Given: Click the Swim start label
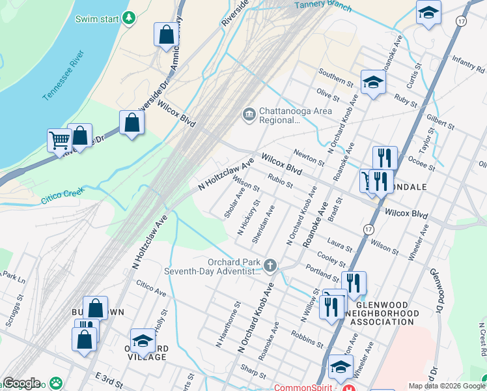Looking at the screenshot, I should (x=97, y=18).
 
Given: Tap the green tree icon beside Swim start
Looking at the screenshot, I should (x=130, y=18).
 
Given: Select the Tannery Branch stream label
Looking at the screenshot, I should (x=323, y=6).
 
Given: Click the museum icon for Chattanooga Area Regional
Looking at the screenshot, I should (x=249, y=115).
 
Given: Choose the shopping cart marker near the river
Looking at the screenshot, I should (x=59, y=139).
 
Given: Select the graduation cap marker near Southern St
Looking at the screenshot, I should (x=373, y=82).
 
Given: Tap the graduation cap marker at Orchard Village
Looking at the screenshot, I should (x=143, y=340).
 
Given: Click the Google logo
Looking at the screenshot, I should (x=21, y=383).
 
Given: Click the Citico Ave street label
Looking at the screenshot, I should (x=151, y=289).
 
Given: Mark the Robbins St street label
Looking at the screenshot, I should (x=307, y=338).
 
